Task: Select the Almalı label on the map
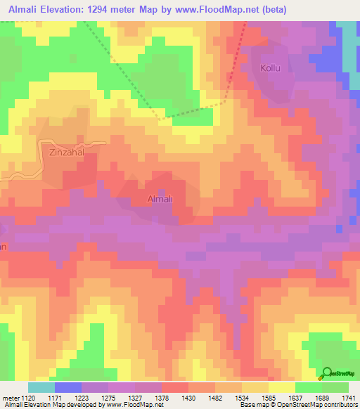(159, 199)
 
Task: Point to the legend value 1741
(349, 398)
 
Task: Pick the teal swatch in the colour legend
(41, 387)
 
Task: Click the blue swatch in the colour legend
(68, 387)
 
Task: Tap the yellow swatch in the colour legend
(282, 387)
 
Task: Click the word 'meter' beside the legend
(10, 398)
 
